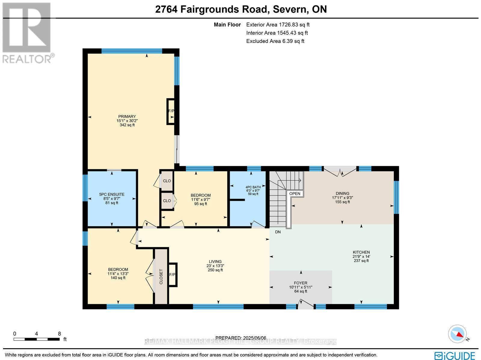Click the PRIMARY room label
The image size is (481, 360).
click(x=127, y=117)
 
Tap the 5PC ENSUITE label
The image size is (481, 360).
click(x=112, y=194)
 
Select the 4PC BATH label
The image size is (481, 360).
click(x=253, y=187)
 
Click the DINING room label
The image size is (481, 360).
click(x=342, y=194)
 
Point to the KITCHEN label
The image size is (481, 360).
click(x=361, y=252)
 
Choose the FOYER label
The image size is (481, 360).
click(x=300, y=283)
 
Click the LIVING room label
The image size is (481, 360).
click(x=215, y=262)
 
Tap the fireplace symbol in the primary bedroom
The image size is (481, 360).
click(x=171, y=111)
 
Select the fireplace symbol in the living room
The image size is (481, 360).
click(x=173, y=275)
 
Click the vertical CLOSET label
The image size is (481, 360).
click(x=161, y=277)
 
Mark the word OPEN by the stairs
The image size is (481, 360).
click(x=295, y=194)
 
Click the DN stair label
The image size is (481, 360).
click(x=278, y=232)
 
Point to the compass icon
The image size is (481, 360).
click(x=458, y=334)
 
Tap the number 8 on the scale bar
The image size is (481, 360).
click(x=60, y=334)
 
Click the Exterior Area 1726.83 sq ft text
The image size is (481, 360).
click(x=278, y=25)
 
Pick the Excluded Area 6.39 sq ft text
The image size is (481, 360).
click(x=275, y=41)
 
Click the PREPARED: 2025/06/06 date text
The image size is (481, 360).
click(x=241, y=338)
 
